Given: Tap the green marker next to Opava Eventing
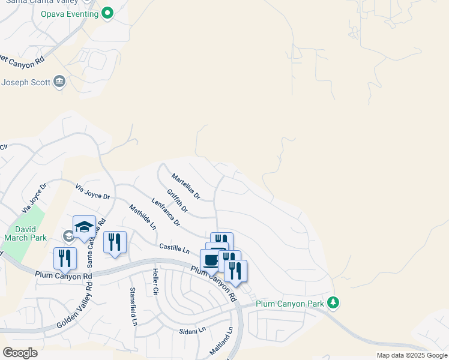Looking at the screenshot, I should click(107, 13).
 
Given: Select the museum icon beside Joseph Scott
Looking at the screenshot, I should click(59, 82).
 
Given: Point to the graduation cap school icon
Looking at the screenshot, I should click(84, 227).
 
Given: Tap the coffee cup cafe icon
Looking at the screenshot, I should click(211, 260).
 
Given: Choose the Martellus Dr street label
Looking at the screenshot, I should click(185, 187).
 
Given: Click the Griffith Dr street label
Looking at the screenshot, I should click(178, 201).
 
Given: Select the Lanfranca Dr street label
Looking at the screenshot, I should click(166, 212).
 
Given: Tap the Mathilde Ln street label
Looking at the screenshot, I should click(142, 217).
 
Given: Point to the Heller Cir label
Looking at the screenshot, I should click(155, 283).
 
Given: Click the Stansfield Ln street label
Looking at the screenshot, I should click(133, 306).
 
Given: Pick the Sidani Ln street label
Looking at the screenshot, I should click(192, 330).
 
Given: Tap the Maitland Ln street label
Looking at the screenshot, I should click(220, 340).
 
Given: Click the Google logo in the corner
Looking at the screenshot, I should click(20, 353).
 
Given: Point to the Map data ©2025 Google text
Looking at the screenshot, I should click(412, 355).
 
